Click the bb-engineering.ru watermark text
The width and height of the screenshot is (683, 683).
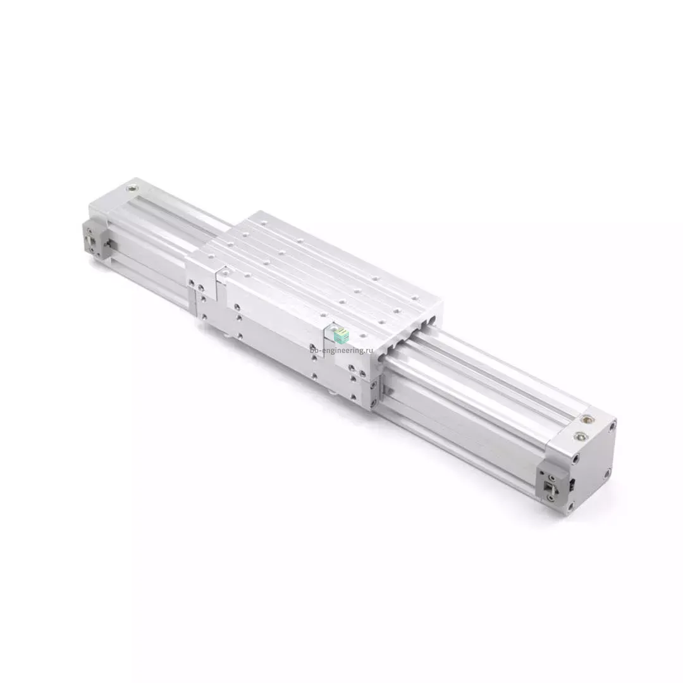pyautogui.click(x=342, y=350)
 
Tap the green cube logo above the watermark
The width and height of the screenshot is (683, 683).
pyautogui.click(x=341, y=335)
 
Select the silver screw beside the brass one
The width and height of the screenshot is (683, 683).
pyautogui.click(x=580, y=435)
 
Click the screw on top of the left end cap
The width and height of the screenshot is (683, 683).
pyautogui.click(x=131, y=188)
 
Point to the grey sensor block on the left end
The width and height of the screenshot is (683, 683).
pyautogui.click(x=96, y=240)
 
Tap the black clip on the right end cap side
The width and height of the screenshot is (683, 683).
pyautogui.click(x=572, y=483)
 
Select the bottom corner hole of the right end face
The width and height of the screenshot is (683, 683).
pyautogui.click(x=571, y=505)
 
